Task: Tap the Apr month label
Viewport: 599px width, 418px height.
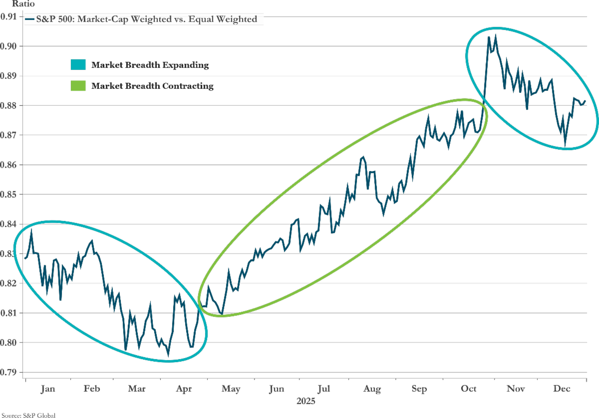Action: pyautogui.click(x=185, y=389)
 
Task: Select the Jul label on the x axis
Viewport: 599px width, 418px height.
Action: pyautogui.click(x=324, y=389)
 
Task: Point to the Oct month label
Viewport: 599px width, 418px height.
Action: pyautogui.click(x=469, y=389)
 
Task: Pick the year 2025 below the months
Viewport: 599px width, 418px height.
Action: pyautogui.click(x=306, y=401)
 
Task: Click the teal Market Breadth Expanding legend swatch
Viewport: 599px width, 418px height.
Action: pyautogui.click(x=79, y=65)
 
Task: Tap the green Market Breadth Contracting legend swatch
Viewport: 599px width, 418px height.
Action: pyautogui.click(x=79, y=86)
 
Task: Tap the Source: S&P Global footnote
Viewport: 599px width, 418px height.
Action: pyautogui.click(x=27, y=415)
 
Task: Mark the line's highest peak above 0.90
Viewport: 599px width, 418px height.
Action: pyautogui.click(x=495, y=35)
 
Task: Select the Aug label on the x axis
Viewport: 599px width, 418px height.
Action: pyautogui.click(x=372, y=389)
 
